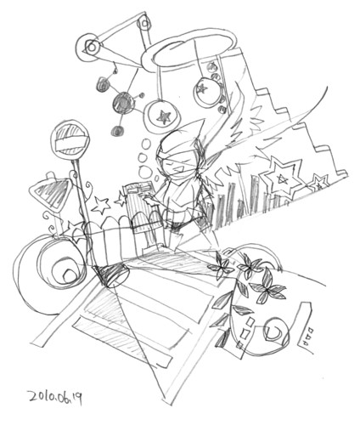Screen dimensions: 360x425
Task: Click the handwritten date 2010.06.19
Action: [x=55, y=397]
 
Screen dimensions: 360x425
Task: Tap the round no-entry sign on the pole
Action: [x=70, y=141]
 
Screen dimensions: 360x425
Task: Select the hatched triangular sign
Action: [x=49, y=193]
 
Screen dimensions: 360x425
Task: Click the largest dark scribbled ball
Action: [x=123, y=103]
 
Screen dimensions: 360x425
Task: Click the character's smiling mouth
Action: [x=176, y=169]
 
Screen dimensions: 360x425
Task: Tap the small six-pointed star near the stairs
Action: [x=319, y=183]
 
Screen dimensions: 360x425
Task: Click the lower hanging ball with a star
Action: [x=162, y=116]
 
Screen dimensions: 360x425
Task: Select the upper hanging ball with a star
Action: [x=206, y=91]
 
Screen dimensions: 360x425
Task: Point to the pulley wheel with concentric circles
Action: [x=91, y=47]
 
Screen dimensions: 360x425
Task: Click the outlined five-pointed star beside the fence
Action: [x=101, y=205]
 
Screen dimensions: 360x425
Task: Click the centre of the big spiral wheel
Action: [x=68, y=274]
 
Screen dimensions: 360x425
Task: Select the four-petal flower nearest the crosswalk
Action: [x=222, y=266]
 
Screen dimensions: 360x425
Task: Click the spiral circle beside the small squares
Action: [x=277, y=331]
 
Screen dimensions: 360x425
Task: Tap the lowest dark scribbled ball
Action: [x=117, y=131]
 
